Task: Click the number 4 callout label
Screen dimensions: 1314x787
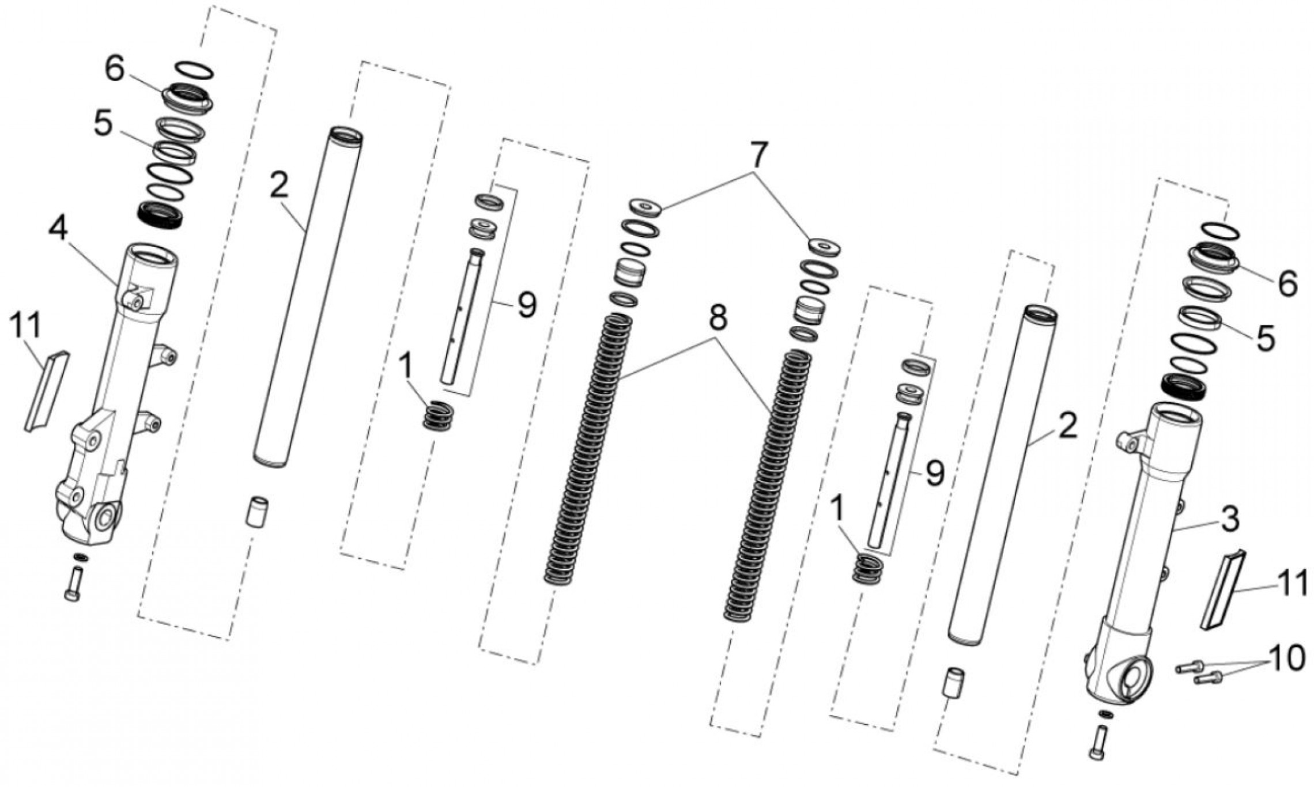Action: coord(58,229)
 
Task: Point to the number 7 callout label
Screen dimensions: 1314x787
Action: coord(758,154)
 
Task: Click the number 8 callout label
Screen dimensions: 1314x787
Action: coord(718,318)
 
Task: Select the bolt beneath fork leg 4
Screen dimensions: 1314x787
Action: coord(73,583)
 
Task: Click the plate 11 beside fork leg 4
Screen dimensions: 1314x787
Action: coord(46,391)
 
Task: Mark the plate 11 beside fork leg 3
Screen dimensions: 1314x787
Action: coord(1223,589)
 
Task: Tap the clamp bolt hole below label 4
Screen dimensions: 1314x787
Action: coord(136,301)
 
